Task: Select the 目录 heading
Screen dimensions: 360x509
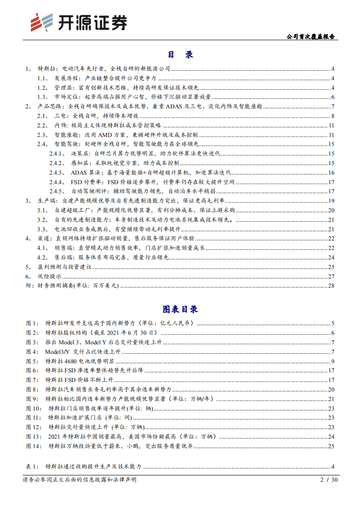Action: coord(180,54)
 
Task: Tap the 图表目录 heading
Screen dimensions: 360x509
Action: coord(180,310)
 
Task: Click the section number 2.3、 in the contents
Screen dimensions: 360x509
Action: coord(42,135)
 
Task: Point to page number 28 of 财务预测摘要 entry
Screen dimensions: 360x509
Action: coord(331,285)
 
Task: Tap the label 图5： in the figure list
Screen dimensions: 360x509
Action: coord(32,361)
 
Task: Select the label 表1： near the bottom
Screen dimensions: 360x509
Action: coord(32,466)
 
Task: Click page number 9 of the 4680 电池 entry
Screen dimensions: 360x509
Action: coord(333,361)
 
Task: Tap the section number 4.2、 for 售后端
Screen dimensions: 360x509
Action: coord(42,257)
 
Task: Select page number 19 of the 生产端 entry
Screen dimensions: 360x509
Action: coord(331,201)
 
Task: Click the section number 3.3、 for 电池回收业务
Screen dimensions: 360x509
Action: coord(42,229)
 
